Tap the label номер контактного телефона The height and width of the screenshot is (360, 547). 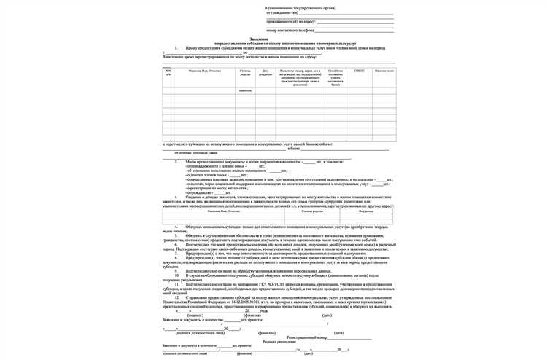pos(290,31)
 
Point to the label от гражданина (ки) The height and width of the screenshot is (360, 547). pos(281,13)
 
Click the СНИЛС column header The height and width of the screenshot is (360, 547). pos(358,71)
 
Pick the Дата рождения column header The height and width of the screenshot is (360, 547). pos(265,72)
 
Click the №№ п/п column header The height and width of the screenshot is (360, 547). pos(168,72)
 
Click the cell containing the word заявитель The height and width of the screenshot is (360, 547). pos(245,90)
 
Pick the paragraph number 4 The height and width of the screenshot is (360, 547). pos(176,227)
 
